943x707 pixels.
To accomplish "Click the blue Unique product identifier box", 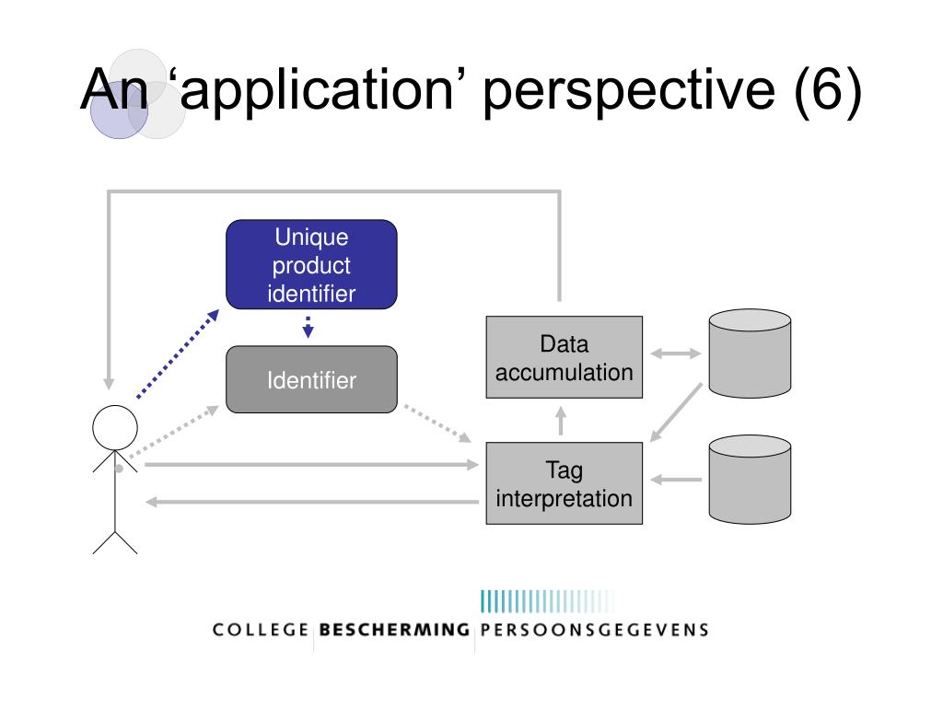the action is [x=311, y=264].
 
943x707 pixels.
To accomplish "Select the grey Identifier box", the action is [x=311, y=379].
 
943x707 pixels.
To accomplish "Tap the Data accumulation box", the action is [x=565, y=357].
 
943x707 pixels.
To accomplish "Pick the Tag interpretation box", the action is [x=565, y=483].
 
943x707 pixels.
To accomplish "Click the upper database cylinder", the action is [x=750, y=353].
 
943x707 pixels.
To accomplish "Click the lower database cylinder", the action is [x=750, y=480].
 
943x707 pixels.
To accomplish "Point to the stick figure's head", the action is [x=115, y=427].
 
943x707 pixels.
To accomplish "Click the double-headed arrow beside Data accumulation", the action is [x=676, y=353].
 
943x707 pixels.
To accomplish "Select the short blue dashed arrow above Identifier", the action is [x=308, y=327].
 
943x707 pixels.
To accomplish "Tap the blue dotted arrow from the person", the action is [x=178, y=354].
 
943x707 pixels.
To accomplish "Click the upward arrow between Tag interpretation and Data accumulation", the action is [x=561, y=421].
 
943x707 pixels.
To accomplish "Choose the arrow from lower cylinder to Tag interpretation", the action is [x=676, y=480].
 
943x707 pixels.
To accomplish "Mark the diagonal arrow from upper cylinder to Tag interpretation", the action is [x=676, y=412].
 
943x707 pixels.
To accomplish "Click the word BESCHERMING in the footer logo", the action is [x=394, y=630].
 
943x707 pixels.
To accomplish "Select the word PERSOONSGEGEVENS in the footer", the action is [x=594, y=630].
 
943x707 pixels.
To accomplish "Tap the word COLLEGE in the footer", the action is [x=261, y=630].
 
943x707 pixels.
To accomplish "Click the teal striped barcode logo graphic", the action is [x=547, y=601].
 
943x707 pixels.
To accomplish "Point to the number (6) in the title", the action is [x=828, y=90].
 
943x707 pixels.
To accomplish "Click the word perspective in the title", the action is [x=629, y=91].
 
